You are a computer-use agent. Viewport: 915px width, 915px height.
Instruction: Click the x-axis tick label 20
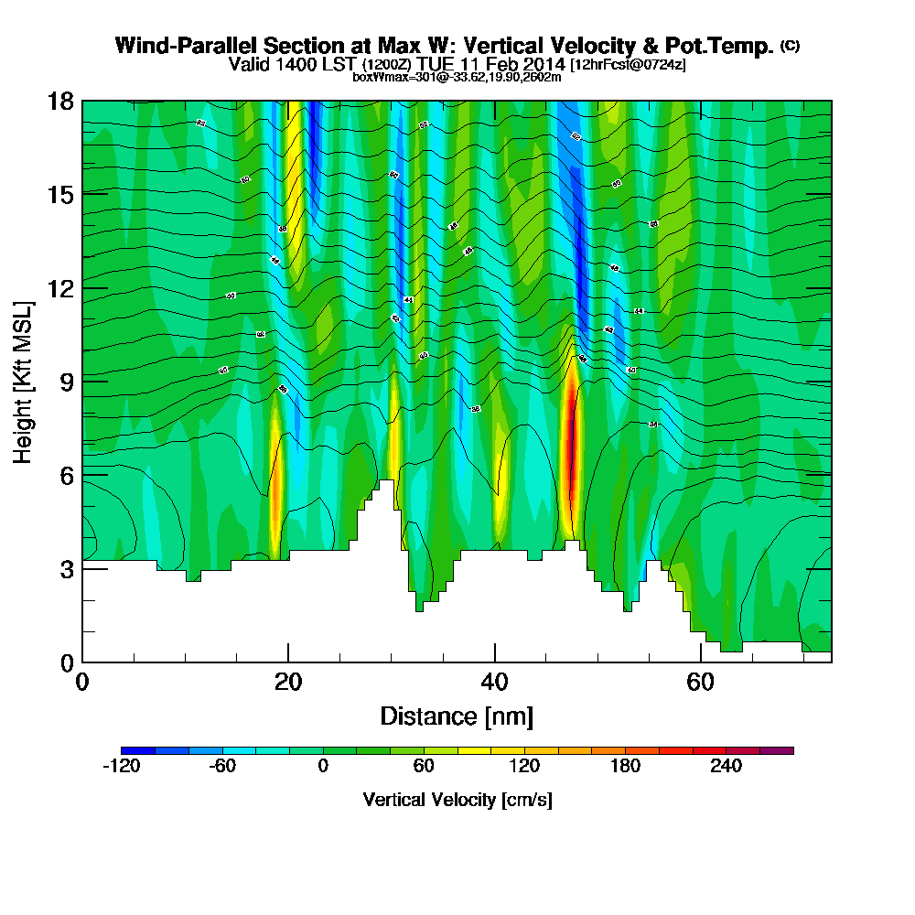(288, 683)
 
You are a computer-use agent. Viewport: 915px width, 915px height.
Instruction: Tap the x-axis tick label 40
(494, 683)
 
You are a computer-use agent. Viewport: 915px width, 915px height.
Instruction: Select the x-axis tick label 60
(700, 683)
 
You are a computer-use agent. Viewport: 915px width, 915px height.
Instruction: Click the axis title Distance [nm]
(457, 716)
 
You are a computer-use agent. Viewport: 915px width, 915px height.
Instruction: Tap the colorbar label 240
(726, 768)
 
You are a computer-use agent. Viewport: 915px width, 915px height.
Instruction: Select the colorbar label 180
(625, 768)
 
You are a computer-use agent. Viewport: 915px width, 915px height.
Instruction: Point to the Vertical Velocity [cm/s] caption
(457, 800)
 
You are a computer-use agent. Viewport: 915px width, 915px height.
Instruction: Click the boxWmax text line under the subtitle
(457, 77)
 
